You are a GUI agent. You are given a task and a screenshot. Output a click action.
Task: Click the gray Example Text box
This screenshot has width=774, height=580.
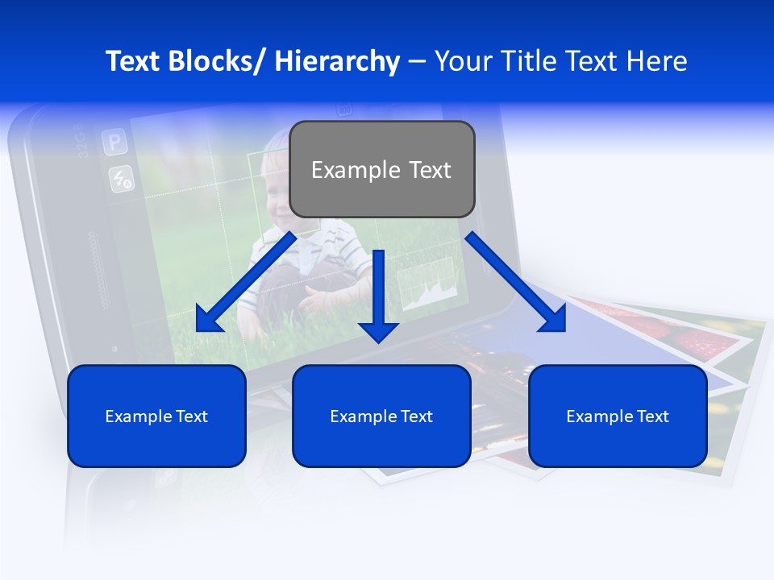[x=381, y=169]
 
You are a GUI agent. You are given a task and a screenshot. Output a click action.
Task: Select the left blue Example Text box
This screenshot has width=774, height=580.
[x=156, y=416]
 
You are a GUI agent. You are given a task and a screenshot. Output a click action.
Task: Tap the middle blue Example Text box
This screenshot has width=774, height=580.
[x=381, y=416]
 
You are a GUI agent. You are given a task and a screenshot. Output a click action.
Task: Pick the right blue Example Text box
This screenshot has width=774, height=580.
[x=618, y=416]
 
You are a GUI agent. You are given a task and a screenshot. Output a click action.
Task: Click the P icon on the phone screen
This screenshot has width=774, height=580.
[x=114, y=144]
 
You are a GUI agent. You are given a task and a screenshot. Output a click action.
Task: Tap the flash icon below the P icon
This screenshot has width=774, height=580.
[x=122, y=179]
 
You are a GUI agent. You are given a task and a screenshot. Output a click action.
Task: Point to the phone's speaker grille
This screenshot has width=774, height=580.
[x=98, y=270]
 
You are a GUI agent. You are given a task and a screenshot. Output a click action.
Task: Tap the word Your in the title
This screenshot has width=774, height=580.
[x=461, y=61]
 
